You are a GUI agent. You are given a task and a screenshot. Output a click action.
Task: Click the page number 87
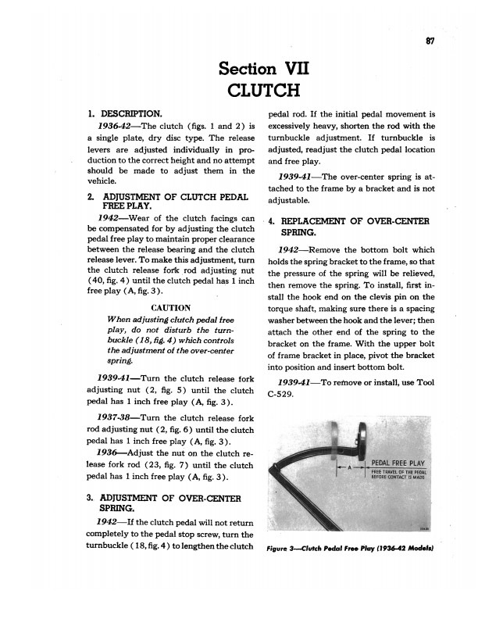pyautogui.click(x=430, y=41)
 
